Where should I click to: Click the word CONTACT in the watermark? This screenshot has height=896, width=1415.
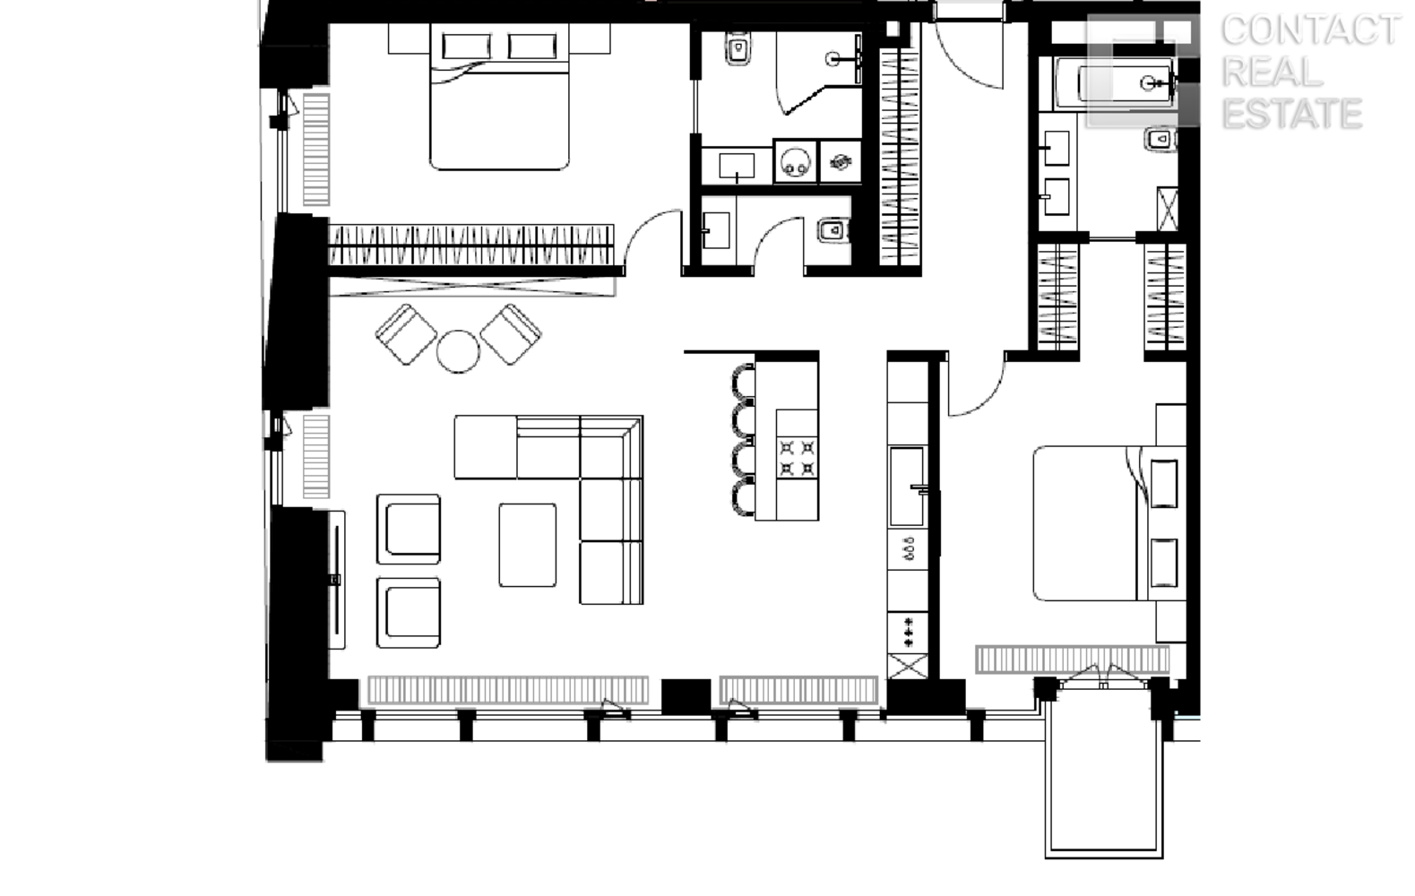coord(1310,30)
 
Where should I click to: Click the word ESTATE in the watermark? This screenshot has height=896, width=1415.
coord(1292,114)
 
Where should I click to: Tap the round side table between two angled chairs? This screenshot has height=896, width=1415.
coord(458,351)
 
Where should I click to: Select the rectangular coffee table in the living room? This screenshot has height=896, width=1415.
coord(528,545)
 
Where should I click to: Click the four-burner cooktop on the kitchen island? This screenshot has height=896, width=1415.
coord(798,458)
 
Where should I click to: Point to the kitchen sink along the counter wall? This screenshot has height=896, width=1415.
coord(907,487)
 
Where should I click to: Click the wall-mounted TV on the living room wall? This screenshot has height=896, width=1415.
coord(337,580)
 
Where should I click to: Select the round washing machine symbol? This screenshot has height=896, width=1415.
coord(795,162)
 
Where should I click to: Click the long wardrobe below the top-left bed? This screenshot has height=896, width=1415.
coord(471,245)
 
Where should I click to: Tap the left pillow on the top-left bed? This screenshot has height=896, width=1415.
coord(466,46)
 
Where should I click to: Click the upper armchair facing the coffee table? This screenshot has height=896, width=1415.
coord(408,529)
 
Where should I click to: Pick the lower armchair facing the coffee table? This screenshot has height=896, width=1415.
coord(408,613)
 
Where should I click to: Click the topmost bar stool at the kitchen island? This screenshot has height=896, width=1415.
coord(744,382)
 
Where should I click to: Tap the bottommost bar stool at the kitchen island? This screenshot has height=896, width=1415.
coord(744,497)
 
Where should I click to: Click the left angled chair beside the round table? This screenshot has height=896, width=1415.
coord(406,334)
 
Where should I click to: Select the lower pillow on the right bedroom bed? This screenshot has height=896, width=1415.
coord(1163,564)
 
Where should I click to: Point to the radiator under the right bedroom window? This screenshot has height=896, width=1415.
coord(1073,659)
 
